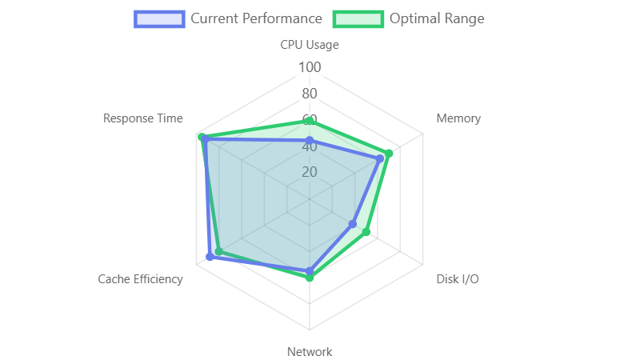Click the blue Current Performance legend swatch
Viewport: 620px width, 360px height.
pyautogui.click(x=159, y=18)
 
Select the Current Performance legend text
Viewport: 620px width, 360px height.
pyautogui.click(x=256, y=18)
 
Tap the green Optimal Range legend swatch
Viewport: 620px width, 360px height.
pyautogui.click(x=358, y=18)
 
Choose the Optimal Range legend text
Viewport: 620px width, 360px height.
pyautogui.click(x=437, y=18)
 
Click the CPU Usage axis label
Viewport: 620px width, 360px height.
pyautogui.click(x=310, y=45)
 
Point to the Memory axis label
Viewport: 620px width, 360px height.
pyautogui.click(x=458, y=118)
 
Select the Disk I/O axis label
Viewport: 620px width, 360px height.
pyautogui.click(x=458, y=279)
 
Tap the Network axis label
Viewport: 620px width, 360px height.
pyautogui.click(x=310, y=352)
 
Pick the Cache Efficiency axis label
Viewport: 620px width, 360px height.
pyautogui.click(x=140, y=279)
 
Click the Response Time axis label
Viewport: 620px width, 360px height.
pyautogui.click(x=142, y=118)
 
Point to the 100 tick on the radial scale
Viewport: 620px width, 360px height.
pyautogui.click(x=310, y=67)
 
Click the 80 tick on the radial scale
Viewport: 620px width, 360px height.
pyautogui.click(x=310, y=94)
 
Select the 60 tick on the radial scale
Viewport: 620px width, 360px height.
pyautogui.click(x=310, y=120)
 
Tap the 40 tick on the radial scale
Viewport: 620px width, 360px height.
pyautogui.click(x=310, y=146)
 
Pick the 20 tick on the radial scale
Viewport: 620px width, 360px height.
pyautogui.click(x=310, y=173)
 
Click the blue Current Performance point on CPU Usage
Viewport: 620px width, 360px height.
pyautogui.click(x=310, y=140)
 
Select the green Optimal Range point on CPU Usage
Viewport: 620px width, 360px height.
pyautogui.click(x=310, y=120)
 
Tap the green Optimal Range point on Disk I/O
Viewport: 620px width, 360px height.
pyautogui.click(x=368, y=232)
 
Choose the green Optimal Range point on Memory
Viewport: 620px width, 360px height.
pyautogui.click(x=390, y=153)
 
